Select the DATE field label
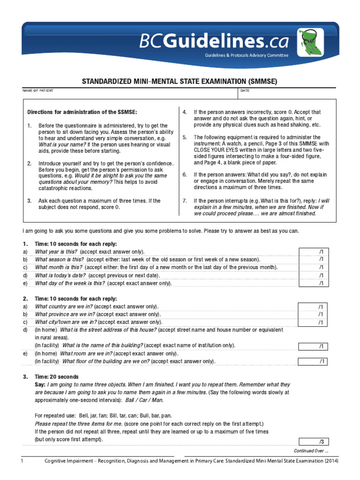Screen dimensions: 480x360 245,90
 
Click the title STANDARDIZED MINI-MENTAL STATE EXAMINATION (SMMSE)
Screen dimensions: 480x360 180,81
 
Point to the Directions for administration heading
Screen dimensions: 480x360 82,112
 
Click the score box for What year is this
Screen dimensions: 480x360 321,252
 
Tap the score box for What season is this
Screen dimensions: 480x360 321,259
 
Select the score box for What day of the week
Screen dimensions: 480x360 321,283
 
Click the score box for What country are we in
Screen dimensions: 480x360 321,307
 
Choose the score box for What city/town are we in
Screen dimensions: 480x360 321,322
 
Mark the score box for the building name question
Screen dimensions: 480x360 321,346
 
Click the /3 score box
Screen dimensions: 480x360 321,442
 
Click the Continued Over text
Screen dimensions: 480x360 311,451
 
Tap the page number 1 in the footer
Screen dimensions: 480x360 22,461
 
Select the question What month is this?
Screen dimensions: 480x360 59,267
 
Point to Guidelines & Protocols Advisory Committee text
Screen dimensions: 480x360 246,55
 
